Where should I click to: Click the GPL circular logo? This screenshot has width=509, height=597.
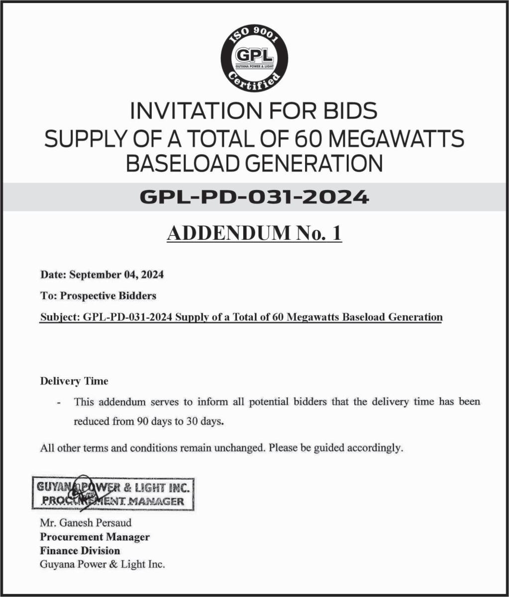(254, 59)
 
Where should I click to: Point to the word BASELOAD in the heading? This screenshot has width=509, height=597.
(189, 164)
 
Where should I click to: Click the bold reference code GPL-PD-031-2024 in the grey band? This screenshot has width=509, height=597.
(254, 198)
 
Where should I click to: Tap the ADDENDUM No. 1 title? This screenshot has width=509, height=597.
(254, 233)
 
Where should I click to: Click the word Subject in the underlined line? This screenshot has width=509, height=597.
(57, 317)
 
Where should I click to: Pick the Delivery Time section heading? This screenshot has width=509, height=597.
(74, 382)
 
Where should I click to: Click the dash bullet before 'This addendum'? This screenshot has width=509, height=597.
(60, 402)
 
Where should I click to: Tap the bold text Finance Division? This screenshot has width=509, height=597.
(80, 551)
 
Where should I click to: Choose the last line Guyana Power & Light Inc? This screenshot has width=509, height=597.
(102, 564)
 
